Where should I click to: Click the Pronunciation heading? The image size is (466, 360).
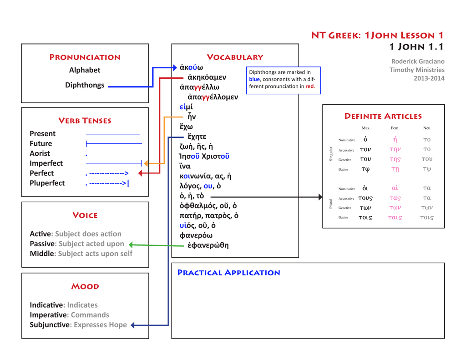pos(85,57)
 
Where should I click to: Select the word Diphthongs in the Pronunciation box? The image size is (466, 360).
pos(85,85)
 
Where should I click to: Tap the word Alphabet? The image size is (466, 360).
pos(85,70)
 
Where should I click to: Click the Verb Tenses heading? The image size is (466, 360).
pos(85,121)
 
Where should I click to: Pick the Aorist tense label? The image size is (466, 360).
pos(40,153)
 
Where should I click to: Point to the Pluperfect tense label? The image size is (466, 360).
pos(47,183)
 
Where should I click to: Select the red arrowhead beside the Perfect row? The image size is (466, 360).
pos(141,173)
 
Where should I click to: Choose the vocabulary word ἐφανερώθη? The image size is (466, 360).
pos(208,245)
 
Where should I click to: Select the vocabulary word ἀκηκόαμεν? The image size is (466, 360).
pos(207,77)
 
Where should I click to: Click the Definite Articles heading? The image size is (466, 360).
pos(383,116)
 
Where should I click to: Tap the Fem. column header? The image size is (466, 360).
pos(395,128)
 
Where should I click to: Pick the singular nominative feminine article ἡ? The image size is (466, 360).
pos(395,140)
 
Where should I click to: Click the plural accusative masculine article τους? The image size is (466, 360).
pos(365,198)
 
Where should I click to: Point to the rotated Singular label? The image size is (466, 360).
pos(331,154)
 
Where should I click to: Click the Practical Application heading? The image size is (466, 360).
pos(228,273)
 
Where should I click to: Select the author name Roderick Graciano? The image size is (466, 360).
pos(418,61)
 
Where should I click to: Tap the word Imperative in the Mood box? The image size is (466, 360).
pos(48,315)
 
